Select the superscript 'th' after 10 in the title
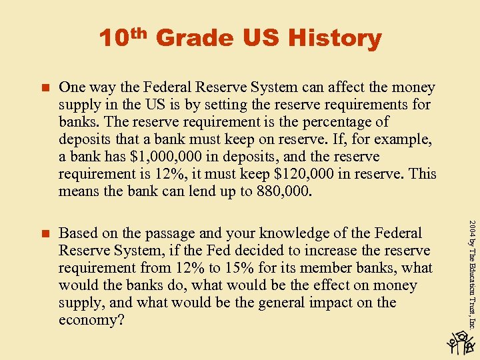pyautogui.click(x=137, y=32)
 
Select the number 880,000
pyautogui.click(x=281, y=191)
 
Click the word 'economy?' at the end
pyautogui.click(x=88, y=320)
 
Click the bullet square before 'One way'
pyautogui.click(x=46, y=87)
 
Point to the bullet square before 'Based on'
pyautogui.click(x=46, y=233)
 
